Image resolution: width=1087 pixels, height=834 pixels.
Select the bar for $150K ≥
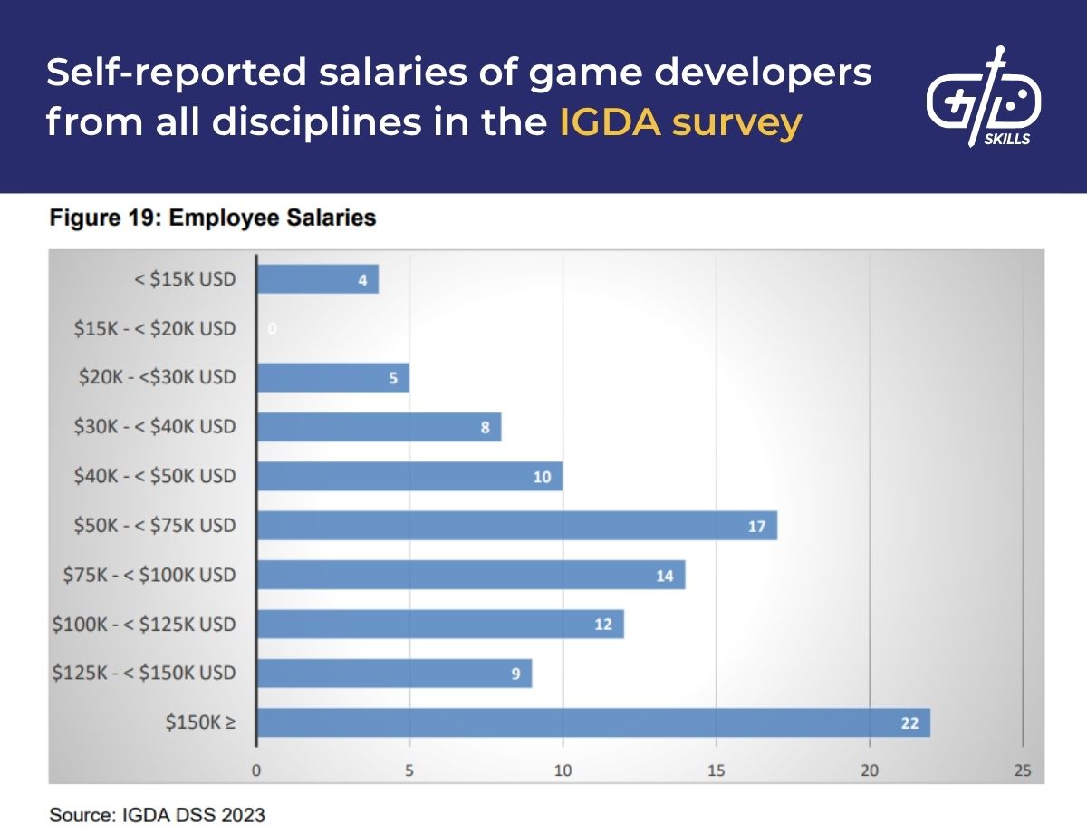[593, 722]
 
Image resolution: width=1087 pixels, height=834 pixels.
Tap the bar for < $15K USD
[317, 279]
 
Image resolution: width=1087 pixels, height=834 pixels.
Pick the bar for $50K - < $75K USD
[516, 526]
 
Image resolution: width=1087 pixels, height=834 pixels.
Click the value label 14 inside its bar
[665, 576]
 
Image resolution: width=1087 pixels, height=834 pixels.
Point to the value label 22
[909, 723]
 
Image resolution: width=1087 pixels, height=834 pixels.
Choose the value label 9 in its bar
[515, 674]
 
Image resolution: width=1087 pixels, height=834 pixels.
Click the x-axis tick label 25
[1023, 771]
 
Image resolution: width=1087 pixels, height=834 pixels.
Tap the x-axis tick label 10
[563, 771]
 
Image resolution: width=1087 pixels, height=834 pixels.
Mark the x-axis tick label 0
[256, 771]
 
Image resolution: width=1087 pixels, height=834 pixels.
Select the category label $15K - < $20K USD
[155, 328]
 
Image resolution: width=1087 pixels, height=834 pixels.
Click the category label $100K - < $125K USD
[144, 624]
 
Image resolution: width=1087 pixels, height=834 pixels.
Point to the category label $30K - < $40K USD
[155, 427]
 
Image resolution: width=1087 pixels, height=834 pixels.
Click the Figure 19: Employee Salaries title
[212, 218]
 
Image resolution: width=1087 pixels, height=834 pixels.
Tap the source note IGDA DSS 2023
[157, 815]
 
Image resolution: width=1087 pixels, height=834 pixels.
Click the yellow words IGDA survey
[680, 122]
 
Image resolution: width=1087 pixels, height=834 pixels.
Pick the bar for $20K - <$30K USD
[332, 377]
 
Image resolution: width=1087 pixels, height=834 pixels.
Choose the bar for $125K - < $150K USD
[394, 674]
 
